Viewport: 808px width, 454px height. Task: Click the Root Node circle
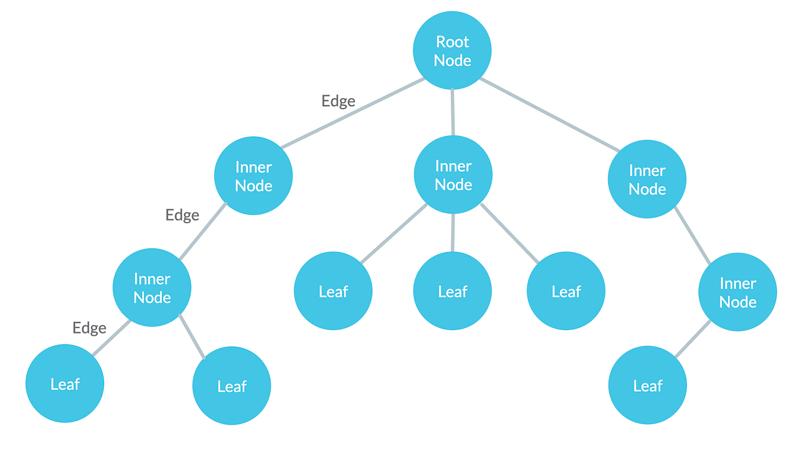[x=452, y=50]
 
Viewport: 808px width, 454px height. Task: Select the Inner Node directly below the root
[x=453, y=175]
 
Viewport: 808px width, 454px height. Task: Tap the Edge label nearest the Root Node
[x=338, y=101]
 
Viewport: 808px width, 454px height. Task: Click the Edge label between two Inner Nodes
[x=182, y=215]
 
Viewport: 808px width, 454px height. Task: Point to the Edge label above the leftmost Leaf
[x=89, y=328]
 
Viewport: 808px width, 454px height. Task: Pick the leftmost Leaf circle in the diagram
[x=65, y=384]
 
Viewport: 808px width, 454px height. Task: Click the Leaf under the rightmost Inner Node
[x=648, y=385]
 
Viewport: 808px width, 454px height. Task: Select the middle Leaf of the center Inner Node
[x=452, y=291]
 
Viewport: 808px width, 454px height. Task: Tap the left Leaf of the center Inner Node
[x=333, y=291]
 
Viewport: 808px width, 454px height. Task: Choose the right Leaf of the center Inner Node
[x=566, y=291]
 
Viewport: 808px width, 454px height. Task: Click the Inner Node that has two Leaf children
[x=152, y=287]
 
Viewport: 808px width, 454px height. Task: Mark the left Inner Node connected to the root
[x=253, y=176]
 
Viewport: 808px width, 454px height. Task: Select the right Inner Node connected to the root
[x=647, y=179]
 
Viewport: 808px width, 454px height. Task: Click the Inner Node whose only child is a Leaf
[x=738, y=292]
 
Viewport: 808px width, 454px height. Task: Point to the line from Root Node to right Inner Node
[x=548, y=114]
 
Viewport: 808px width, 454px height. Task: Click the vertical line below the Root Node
[x=452, y=112]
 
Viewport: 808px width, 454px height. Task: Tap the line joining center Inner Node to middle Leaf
[x=452, y=232]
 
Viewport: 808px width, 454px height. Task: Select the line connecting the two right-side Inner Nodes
[x=692, y=236]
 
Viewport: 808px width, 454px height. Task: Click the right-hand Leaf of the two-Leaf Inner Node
[x=231, y=386]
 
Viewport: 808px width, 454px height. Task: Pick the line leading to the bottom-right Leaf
[x=692, y=339]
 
